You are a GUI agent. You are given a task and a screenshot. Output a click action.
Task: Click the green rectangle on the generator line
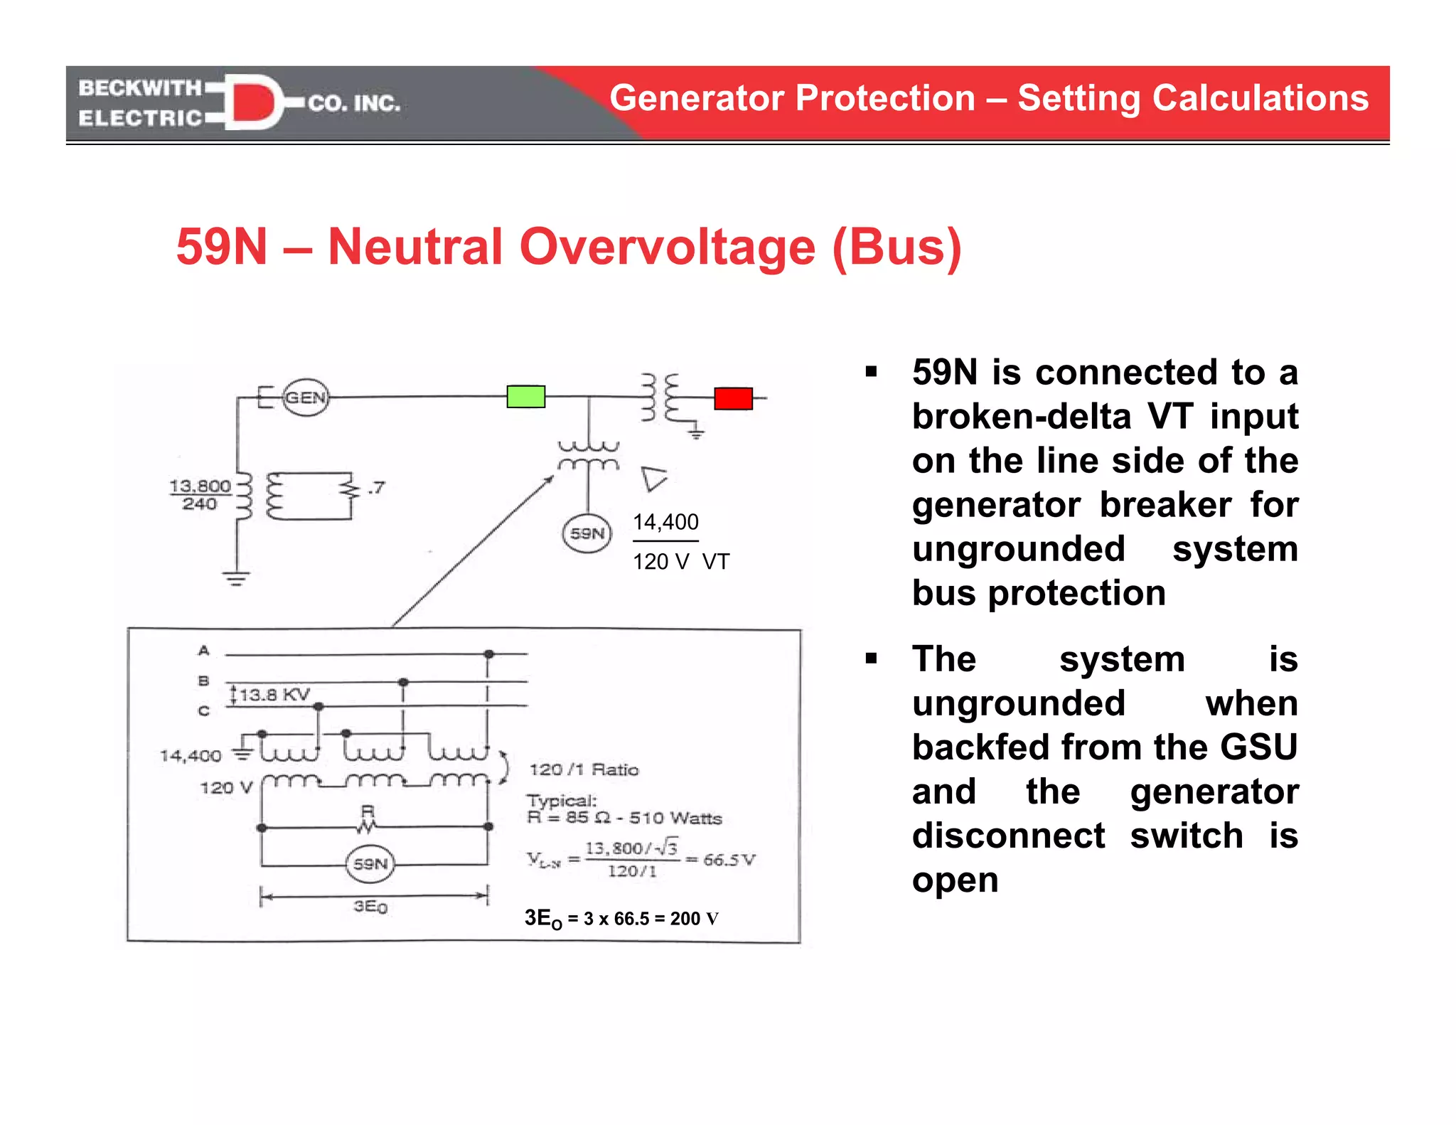coord(525,396)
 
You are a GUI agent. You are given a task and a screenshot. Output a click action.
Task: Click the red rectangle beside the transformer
coord(733,398)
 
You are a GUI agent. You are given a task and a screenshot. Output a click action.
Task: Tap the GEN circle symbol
coord(306,398)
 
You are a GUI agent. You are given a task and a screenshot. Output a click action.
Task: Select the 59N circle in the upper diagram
coord(587,533)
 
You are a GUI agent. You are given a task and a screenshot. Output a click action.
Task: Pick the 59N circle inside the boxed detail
coord(370,864)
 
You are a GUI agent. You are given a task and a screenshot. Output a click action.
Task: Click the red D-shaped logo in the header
coord(252,102)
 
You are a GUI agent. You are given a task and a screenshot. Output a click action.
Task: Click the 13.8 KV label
coord(274,695)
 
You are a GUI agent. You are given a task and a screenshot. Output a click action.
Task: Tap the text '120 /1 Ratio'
coord(584,769)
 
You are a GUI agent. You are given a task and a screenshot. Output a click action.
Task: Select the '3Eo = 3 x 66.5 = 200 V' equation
coord(621,918)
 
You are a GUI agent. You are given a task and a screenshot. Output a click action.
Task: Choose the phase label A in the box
coord(204,651)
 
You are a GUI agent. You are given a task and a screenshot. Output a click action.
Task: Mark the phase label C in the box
coord(204,710)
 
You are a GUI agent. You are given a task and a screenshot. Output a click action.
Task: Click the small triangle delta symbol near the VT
coord(653,479)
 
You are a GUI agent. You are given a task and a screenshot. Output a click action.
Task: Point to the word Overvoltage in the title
coord(667,247)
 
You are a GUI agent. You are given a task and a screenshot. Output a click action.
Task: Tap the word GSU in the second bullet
coord(1258,747)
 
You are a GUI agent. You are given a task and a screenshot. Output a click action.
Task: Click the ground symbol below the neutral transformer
coord(236,577)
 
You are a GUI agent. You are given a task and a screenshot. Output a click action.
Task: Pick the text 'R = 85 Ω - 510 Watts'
coord(624,818)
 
